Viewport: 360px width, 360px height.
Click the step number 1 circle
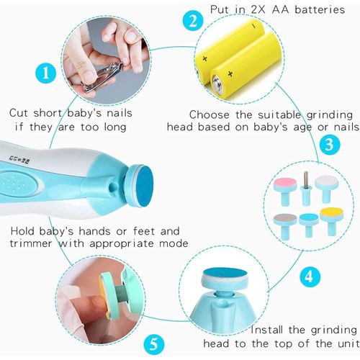click(46, 73)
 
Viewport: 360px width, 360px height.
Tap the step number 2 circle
click(193, 21)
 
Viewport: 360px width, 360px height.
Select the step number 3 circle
click(330, 145)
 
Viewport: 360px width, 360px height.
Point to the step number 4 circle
click(310, 276)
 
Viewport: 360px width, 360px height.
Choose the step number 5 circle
click(154, 344)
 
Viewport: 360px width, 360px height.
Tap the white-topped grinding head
click(326, 188)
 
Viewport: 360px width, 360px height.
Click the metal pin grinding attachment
click(305, 189)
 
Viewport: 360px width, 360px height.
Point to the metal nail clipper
click(102, 77)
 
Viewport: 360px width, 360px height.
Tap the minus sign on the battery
click(253, 26)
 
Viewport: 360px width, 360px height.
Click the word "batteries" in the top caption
click(320, 10)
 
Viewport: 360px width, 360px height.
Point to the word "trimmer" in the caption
click(31, 243)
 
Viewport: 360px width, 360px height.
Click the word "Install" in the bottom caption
click(267, 330)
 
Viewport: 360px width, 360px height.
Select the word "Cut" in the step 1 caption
click(18, 113)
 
